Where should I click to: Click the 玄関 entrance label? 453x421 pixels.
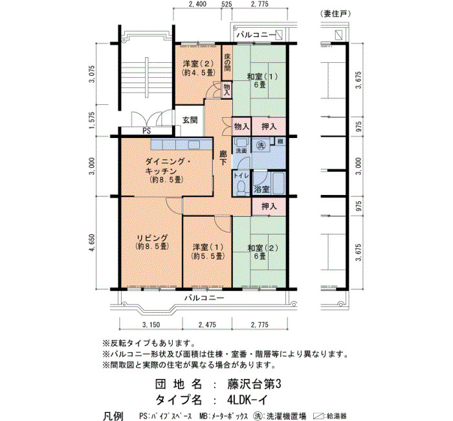point(190,120)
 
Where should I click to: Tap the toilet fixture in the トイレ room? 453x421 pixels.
point(241,187)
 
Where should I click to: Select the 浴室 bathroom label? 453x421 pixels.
point(261,189)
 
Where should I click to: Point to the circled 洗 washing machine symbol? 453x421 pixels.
point(261,146)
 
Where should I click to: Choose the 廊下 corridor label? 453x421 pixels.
point(223,158)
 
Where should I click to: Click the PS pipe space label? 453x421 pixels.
point(147,131)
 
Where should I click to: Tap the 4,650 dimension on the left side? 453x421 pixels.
point(92,243)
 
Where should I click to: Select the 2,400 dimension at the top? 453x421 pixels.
point(197,4)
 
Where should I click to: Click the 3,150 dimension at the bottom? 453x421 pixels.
point(151,324)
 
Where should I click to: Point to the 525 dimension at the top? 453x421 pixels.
point(226,4)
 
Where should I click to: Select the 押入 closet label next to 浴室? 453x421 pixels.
point(269,206)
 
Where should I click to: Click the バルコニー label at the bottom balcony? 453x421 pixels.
point(204,297)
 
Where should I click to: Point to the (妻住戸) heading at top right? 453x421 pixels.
point(335,14)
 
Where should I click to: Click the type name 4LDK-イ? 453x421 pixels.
point(247,400)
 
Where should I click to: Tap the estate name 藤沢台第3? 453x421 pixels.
point(254,384)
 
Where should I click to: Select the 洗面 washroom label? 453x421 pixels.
point(241,151)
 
